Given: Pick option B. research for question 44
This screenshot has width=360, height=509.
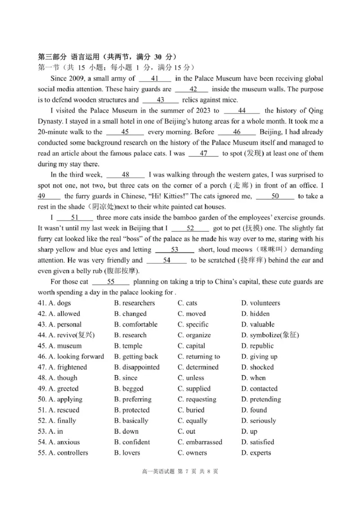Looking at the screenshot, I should point(130,335).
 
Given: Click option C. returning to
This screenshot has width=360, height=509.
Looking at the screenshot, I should point(198,356).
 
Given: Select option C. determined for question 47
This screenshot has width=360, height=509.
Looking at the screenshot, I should point(198,367).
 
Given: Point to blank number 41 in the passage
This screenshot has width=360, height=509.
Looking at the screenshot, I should point(153,78).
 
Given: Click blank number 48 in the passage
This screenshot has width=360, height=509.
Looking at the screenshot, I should point(126,175).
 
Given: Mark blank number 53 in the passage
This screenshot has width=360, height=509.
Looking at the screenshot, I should point(175,249).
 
